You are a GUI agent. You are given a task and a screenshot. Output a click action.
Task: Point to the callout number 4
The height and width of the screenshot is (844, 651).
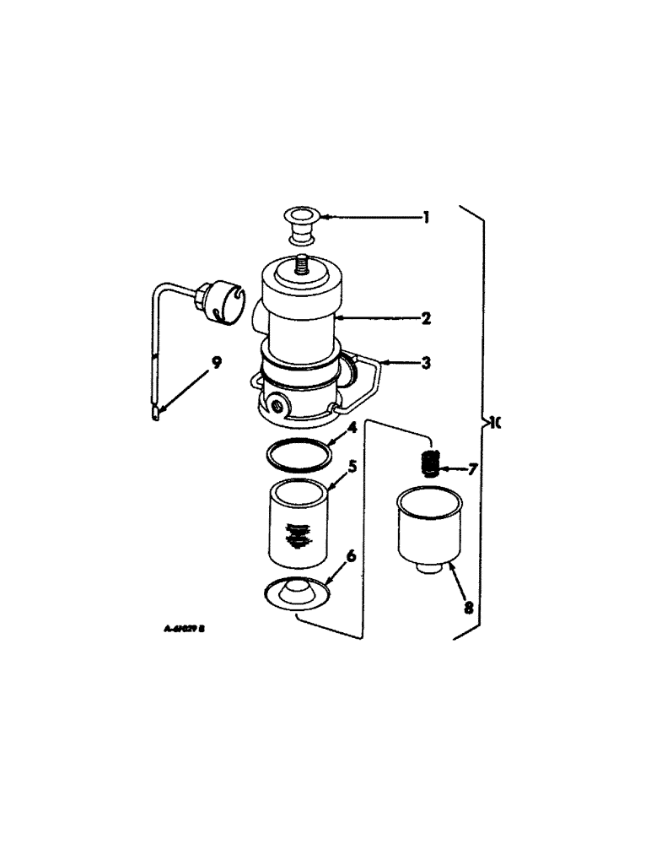pos(353,428)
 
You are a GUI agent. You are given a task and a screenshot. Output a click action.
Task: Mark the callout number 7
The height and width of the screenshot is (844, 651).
pos(472,468)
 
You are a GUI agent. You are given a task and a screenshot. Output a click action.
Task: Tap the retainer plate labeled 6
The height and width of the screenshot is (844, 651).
pos(297,592)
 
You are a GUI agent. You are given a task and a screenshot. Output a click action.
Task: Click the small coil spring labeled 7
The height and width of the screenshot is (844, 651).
pos(432,463)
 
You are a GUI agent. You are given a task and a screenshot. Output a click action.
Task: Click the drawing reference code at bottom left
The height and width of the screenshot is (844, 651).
pos(186,629)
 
